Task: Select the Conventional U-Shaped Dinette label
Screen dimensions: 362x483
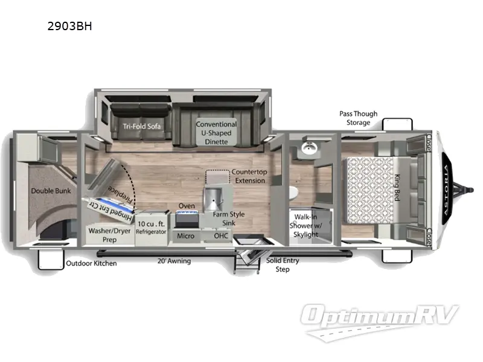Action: pos(216,133)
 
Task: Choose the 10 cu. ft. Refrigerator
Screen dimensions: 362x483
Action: pos(151,229)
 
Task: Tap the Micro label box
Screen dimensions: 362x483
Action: pos(186,235)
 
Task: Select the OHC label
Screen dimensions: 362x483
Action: pos(220,235)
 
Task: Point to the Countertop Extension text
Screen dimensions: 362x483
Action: pos(248,176)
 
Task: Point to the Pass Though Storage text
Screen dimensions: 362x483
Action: pos(358,118)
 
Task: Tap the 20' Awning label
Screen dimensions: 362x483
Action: pos(173,261)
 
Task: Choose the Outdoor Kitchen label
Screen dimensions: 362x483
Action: pos(91,263)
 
